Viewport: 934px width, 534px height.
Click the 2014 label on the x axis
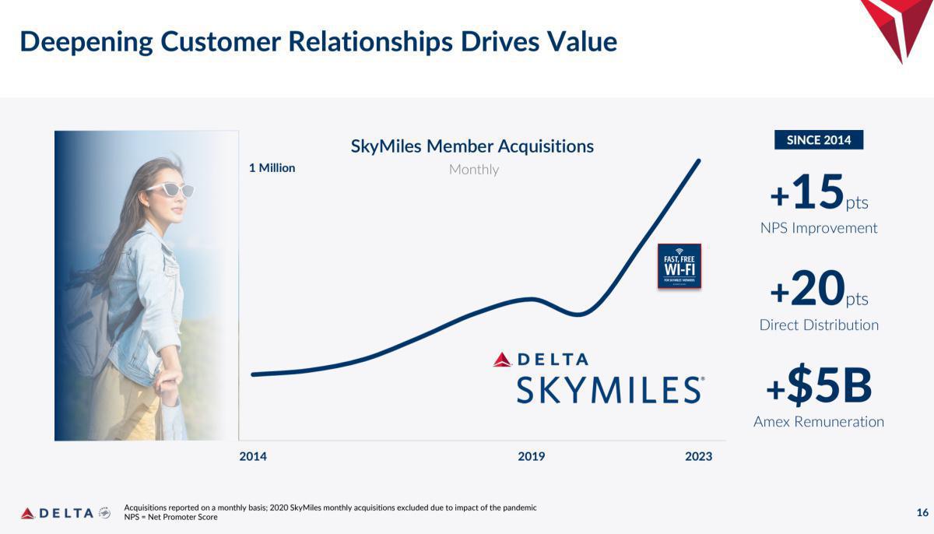[x=253, y=456]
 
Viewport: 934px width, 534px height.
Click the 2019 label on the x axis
[x=532, y=456]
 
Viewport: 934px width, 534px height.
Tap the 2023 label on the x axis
[x=698, y=456]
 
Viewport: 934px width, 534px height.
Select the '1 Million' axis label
[x=272, y=167]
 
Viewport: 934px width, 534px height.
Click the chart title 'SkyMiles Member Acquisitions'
[x=472, y=146]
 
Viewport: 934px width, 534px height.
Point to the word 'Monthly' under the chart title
[x=473, y=169]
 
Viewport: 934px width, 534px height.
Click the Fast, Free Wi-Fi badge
[x=679, y=266]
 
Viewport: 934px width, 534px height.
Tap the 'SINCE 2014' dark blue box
[x=819, y=140]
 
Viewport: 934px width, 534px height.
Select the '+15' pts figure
[x=808, y=192]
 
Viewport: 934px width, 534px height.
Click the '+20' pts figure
[x=808, y=289]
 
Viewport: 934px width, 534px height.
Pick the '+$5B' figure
[x=819, y=386]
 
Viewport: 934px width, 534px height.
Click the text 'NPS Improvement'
[x=819, y=228]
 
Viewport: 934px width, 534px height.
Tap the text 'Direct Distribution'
[x=819, y=325]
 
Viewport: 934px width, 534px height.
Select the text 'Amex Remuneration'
[x=819, y=421]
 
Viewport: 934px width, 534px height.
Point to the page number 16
[x=922, y=512]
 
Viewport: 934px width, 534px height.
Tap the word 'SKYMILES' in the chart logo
[x=609, y=389]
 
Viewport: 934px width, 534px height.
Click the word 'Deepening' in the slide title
[x=86, y=41]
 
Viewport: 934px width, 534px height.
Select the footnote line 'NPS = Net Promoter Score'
[x=170, y=517]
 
